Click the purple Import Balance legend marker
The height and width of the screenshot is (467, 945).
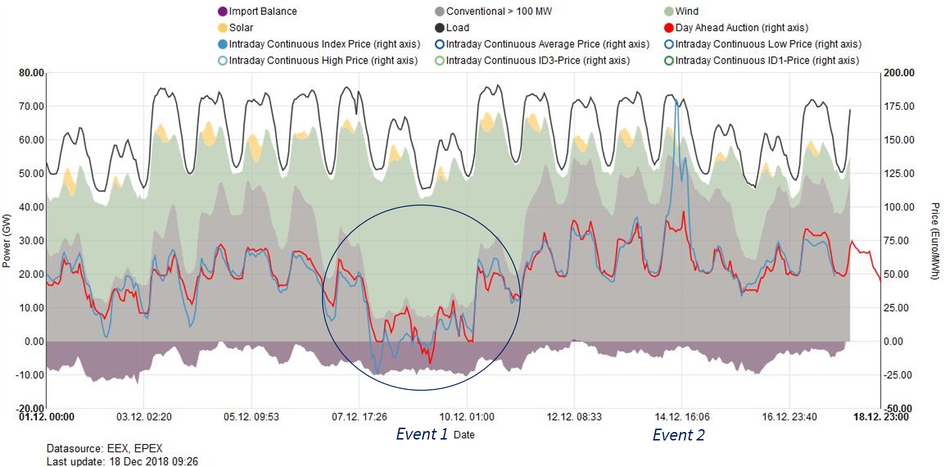223,11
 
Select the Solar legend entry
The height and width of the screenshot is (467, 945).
241,27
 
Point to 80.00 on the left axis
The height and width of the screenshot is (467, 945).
31,73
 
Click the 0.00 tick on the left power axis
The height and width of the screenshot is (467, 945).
34,341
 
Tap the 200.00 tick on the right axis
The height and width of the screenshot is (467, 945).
899,73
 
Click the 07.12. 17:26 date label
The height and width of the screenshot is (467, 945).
359,417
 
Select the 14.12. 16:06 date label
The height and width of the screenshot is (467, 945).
682,417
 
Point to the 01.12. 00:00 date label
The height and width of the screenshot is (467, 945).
46,417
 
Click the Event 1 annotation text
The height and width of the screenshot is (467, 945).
421,434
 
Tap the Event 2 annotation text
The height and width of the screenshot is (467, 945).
678,435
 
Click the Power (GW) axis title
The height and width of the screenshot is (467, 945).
7,241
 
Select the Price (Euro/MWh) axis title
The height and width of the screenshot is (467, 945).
935,241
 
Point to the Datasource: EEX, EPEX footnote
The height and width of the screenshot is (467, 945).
104,449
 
